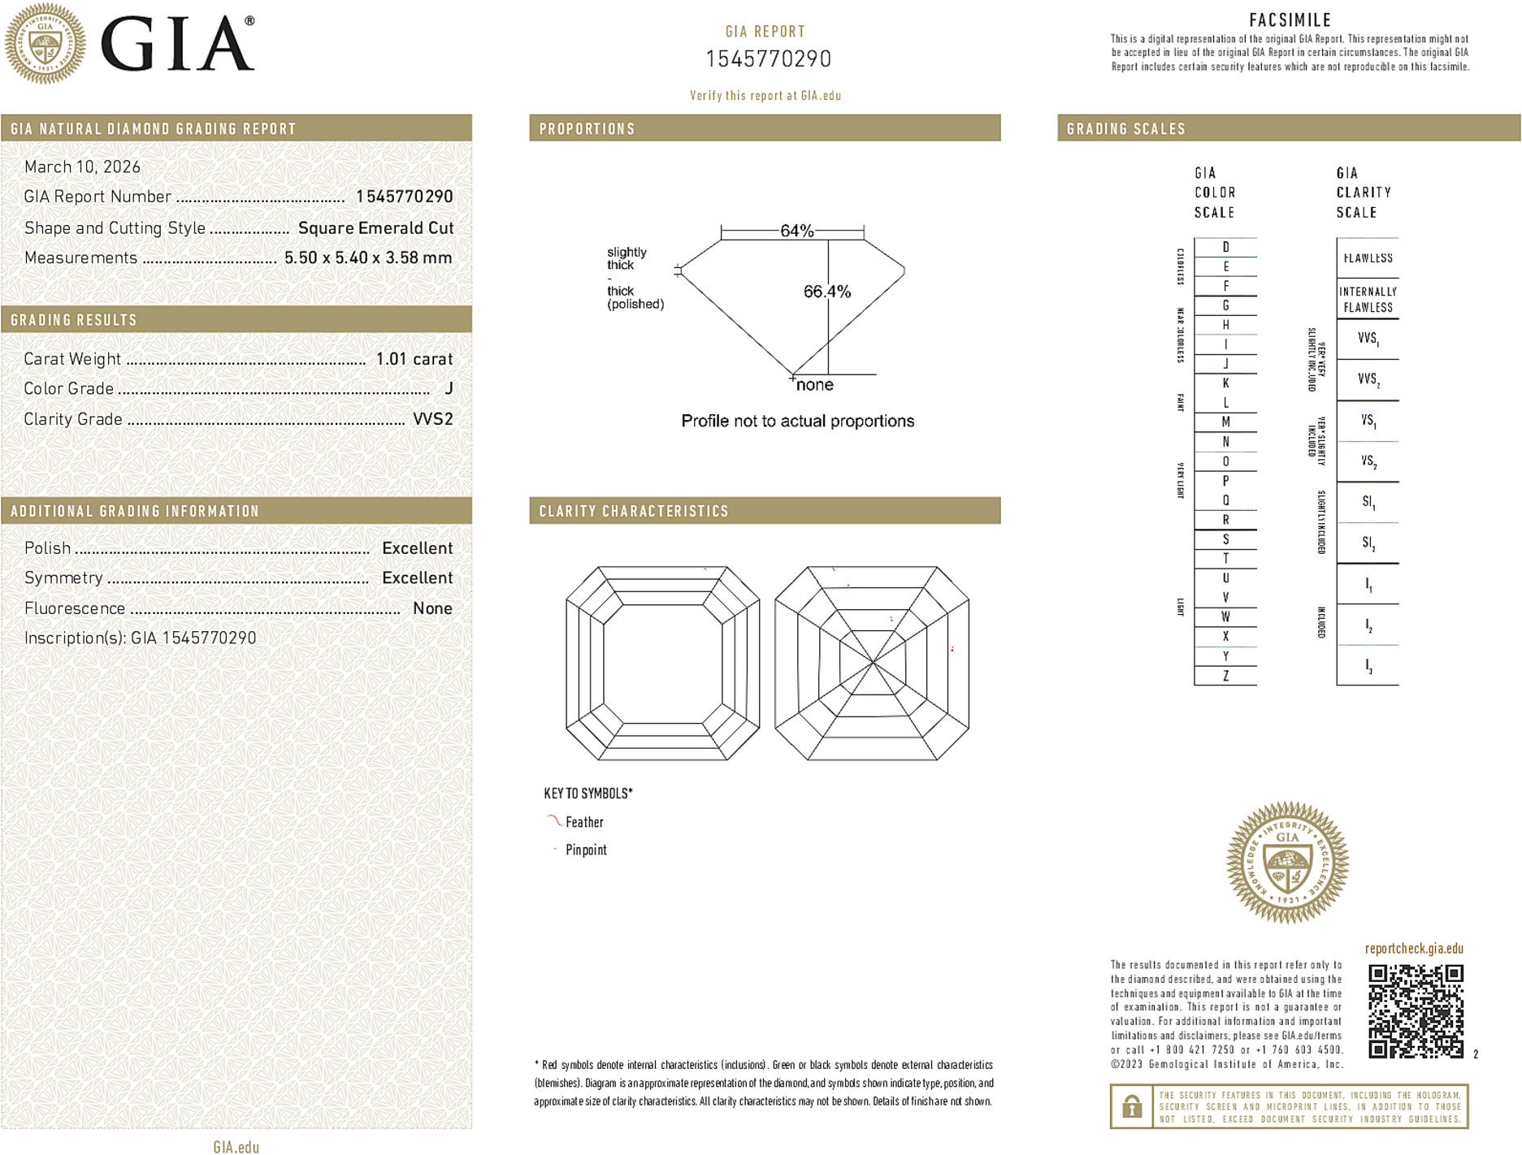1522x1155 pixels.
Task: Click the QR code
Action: (x=1415, y=1010)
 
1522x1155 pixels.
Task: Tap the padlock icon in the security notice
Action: (x=1131, y=1106)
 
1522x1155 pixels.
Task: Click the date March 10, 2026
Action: (x=82, y=167)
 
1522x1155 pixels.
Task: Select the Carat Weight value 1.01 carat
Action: (x=414, y=359)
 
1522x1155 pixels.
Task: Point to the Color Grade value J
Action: (x=449, y=389)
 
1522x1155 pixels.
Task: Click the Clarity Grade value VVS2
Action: (x=432, y=419)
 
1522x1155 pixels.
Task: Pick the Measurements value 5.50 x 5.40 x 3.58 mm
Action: (x=367, y=258)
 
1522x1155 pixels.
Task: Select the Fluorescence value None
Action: (x=431, y=608)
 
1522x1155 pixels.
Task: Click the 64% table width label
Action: (x=796, y=231)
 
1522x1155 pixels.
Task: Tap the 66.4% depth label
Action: (x=826, y=292)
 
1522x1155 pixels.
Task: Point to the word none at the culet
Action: (x=815, y=385)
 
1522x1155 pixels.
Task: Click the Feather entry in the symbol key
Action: (x=584, y=822)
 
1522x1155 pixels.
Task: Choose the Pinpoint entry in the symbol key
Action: (x=586, y=850)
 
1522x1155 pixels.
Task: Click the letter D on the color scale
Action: (x=1225, y=247)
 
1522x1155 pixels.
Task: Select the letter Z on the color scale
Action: (x=1225, y=676)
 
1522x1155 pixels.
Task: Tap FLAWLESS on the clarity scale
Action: (x=1368, y=258)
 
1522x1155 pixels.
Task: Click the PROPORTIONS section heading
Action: (x=587, y=129)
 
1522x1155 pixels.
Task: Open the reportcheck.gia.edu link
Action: (x=1414, y=949)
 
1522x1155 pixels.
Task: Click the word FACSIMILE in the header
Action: (x=1290, y=20)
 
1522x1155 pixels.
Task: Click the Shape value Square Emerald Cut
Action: (x=375, y=228)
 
